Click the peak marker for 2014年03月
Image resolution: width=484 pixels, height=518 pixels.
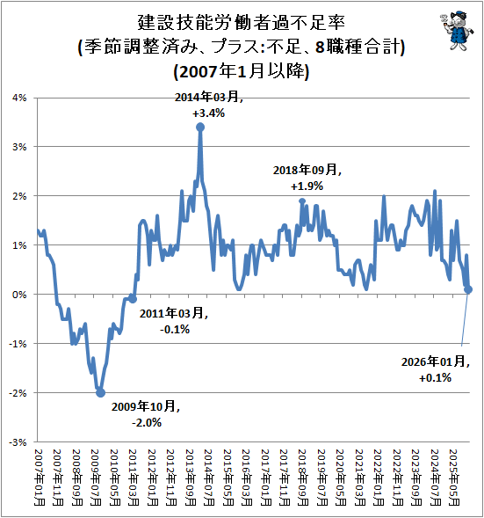200,127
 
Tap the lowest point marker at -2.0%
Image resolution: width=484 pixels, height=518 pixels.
100,392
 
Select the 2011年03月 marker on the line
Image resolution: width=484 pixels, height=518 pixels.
133,299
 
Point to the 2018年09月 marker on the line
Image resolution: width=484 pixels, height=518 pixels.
302,201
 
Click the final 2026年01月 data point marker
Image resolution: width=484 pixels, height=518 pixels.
468,289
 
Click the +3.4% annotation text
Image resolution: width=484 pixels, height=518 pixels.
208,113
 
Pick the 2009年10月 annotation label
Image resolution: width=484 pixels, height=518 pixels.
145,406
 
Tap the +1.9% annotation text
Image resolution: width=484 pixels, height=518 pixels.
307,186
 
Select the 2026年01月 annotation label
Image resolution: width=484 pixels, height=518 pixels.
435,361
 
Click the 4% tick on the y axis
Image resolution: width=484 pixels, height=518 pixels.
20,98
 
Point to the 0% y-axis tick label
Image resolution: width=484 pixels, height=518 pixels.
20,295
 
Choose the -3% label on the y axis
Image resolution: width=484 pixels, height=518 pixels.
18,442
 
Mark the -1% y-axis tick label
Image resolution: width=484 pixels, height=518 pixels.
18,344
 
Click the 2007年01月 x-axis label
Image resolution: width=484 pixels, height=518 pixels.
39,478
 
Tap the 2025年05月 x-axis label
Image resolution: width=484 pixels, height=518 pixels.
454,478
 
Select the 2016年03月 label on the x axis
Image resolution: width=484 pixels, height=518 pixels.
247,478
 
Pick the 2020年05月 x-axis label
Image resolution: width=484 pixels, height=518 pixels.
341,478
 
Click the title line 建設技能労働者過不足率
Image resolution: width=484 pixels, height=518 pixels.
242,23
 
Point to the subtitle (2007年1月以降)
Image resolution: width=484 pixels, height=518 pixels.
242,71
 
